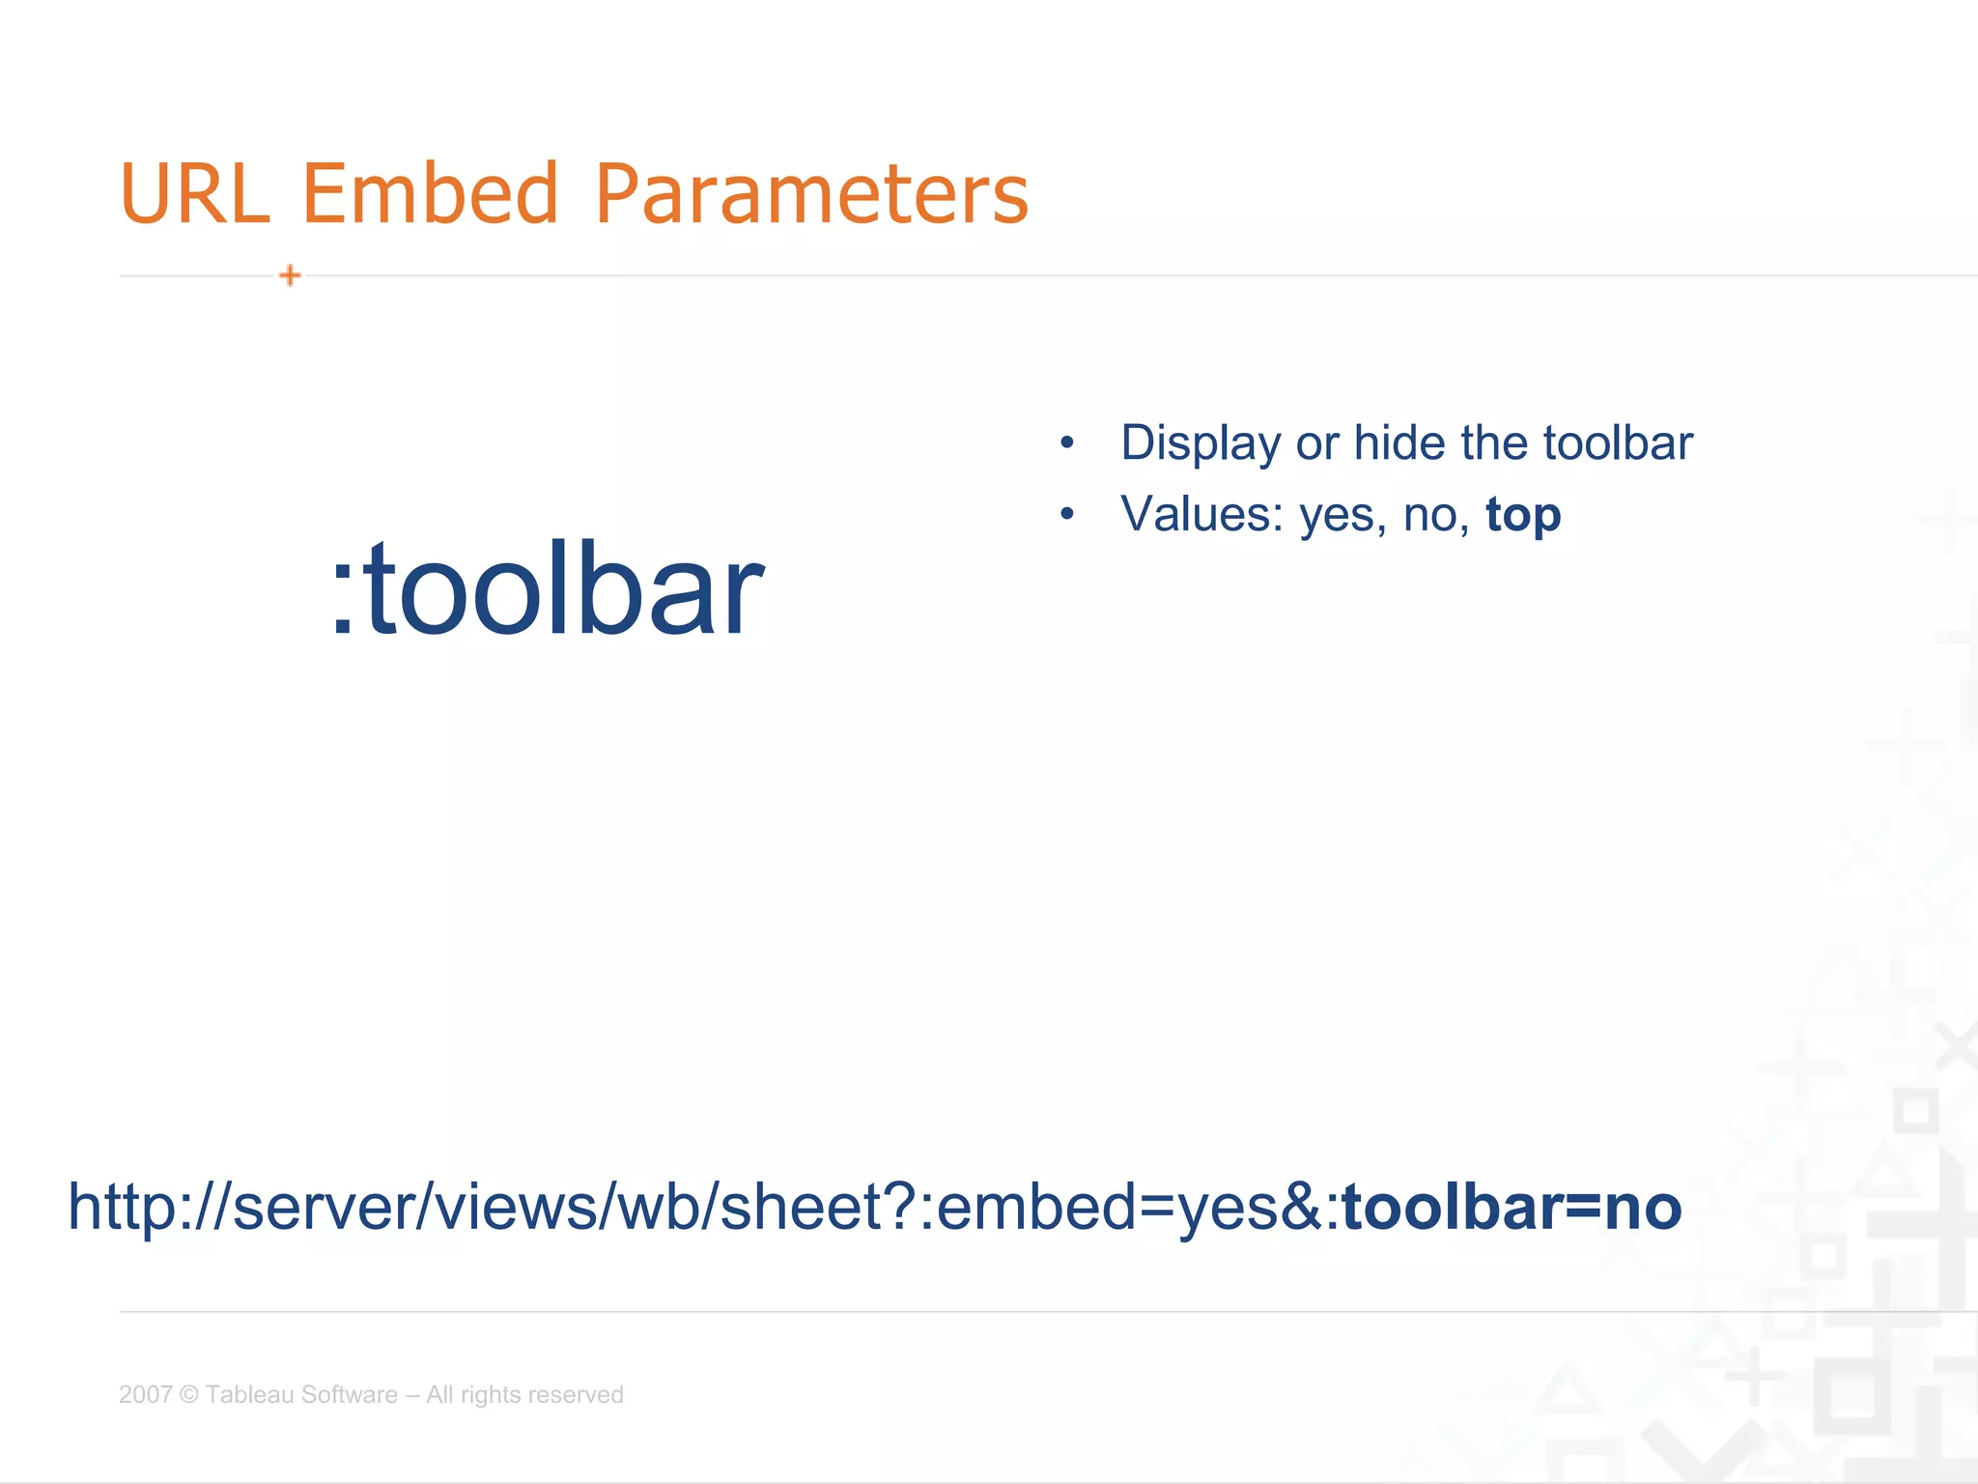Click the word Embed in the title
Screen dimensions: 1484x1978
[431, 194]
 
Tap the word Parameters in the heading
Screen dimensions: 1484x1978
[811, 194]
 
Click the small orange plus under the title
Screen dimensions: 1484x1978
[290, 275]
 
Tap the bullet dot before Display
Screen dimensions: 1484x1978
[1066, 443]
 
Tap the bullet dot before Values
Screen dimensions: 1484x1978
[1066, 514]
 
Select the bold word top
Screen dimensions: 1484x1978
[1523, 516]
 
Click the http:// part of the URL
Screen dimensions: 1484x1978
[145, 1207]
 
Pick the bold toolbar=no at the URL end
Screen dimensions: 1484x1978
[1512, 1207]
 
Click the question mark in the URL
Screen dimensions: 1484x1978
[900, 1207]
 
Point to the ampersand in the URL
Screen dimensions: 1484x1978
[1304, 1207]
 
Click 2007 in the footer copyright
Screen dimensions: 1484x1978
[145, 1394]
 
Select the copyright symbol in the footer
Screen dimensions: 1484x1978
[189, 1394]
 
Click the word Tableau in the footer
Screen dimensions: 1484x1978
[247, 1394]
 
